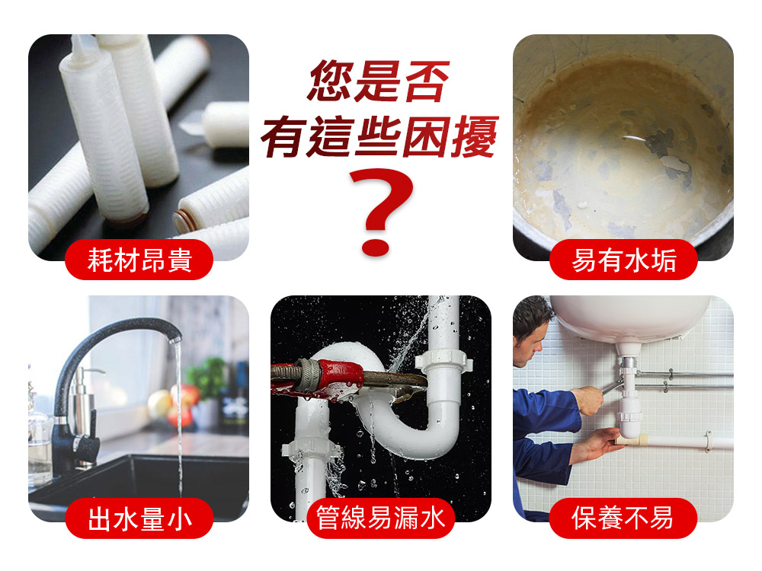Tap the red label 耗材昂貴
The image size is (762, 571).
(139, 260)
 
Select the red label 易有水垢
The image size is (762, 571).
(623, 260)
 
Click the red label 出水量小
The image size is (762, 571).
(139, 518)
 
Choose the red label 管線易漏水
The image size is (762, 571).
(380, 518)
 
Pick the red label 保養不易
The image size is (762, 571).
(623, 518)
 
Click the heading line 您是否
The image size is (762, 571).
(378, 81)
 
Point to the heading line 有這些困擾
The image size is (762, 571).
(380, 137)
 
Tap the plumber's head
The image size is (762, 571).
(531, 330)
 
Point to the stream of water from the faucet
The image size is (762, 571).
(178, 417)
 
